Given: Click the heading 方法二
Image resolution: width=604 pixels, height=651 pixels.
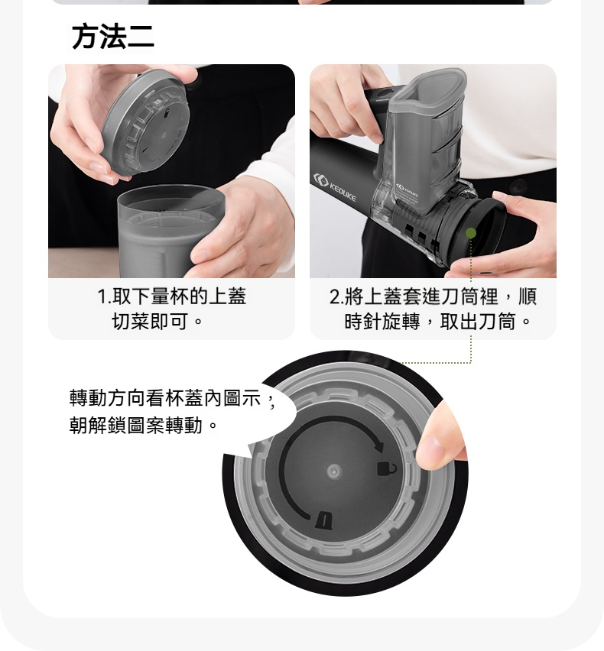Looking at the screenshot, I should [112, 37].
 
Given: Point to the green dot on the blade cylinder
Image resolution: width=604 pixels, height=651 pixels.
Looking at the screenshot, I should [471, 232].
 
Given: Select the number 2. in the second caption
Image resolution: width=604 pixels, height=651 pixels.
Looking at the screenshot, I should [336, 296].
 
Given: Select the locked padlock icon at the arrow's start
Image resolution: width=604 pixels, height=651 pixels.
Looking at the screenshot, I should [324, 519].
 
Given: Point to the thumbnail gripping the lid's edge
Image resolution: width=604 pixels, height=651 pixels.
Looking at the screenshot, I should [433, 449].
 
